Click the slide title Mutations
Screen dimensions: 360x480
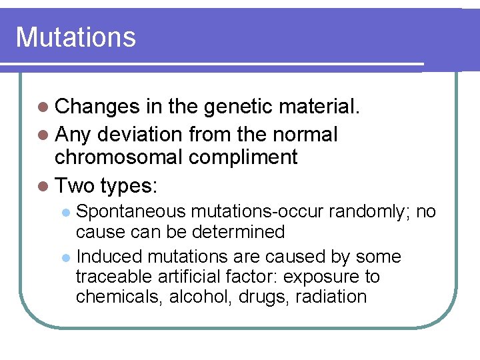(75, 37)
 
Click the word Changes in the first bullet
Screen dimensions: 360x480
(97, 107)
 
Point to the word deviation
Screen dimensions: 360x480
(142, 134)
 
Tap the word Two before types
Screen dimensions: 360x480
(75, 185)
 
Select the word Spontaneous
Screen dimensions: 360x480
(131, 212)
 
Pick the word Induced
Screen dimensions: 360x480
(109, 257)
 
